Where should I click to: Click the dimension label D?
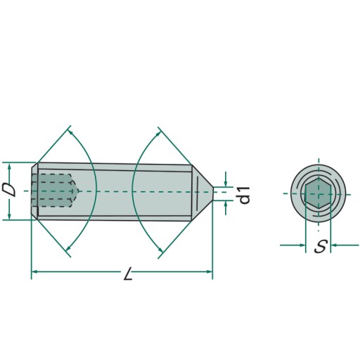[10, 191]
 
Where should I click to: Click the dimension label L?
[128, 274]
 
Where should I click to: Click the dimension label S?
[321, 247]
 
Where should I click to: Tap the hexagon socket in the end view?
[318, 193]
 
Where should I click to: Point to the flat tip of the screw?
[213, 193]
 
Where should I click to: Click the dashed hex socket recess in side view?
[55, 191]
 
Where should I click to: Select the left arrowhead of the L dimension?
[34, 271]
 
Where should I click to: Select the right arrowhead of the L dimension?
[210, 271]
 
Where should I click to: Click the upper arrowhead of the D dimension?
[9, 166]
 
